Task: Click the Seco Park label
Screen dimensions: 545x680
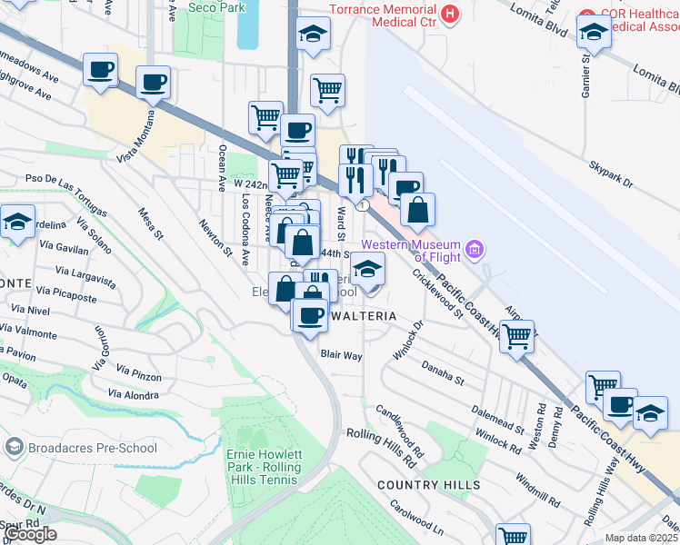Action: pos(215,7)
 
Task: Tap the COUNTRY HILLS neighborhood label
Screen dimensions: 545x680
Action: pos(428,485)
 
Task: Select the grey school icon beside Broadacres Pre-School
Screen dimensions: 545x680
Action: pos(14,447)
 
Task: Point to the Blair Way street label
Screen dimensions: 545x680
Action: pos(342,355)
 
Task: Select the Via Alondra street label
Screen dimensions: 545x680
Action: pos(133,394)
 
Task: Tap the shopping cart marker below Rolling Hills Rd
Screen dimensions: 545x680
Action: pos(513,535)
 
